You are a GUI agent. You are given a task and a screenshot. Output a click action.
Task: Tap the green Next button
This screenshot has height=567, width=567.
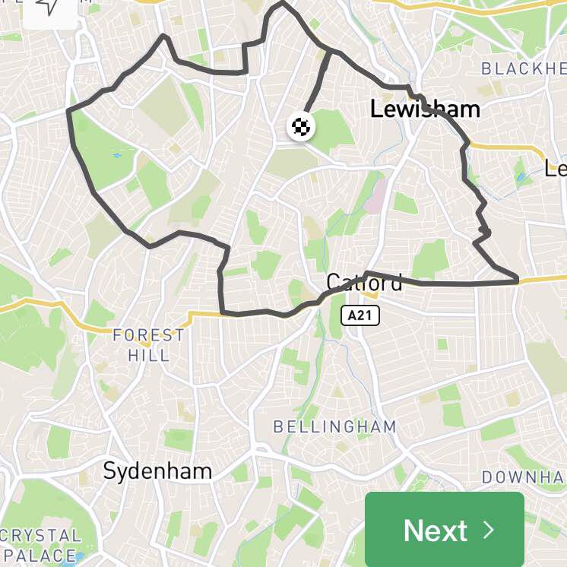coord(445,529)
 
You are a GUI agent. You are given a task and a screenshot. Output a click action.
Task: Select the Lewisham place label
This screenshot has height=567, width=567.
coord(425,109)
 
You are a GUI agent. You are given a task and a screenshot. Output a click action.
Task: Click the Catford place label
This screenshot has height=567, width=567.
coord(364,283)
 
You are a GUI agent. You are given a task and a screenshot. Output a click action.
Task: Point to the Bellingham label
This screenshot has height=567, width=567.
coord(334,426)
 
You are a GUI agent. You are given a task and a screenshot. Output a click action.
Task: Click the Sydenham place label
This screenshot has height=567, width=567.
coord(157,471)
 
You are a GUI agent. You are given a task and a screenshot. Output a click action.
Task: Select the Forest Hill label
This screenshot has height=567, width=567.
coord(148,344)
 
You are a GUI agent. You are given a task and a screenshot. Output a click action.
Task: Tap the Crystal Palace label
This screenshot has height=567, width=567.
coord(40,545)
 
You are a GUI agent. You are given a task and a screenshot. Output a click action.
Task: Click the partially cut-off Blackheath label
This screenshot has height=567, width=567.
coord(524,69)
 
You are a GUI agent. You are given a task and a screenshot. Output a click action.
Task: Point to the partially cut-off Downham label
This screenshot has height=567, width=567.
coord(524,477)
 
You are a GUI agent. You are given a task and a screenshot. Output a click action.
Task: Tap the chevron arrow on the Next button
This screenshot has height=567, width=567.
coord(489,530)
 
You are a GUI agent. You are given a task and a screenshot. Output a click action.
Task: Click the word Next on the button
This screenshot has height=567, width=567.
coord(435,530)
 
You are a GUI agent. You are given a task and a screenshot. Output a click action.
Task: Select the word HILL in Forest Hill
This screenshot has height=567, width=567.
coord(148,355)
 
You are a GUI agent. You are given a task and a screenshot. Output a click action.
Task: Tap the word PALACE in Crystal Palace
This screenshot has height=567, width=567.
coord(40,556)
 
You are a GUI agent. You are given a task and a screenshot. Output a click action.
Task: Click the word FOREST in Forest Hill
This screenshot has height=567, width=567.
coord(148,334)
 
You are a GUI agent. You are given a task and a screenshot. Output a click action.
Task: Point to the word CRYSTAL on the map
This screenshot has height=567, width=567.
coord(40,535)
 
